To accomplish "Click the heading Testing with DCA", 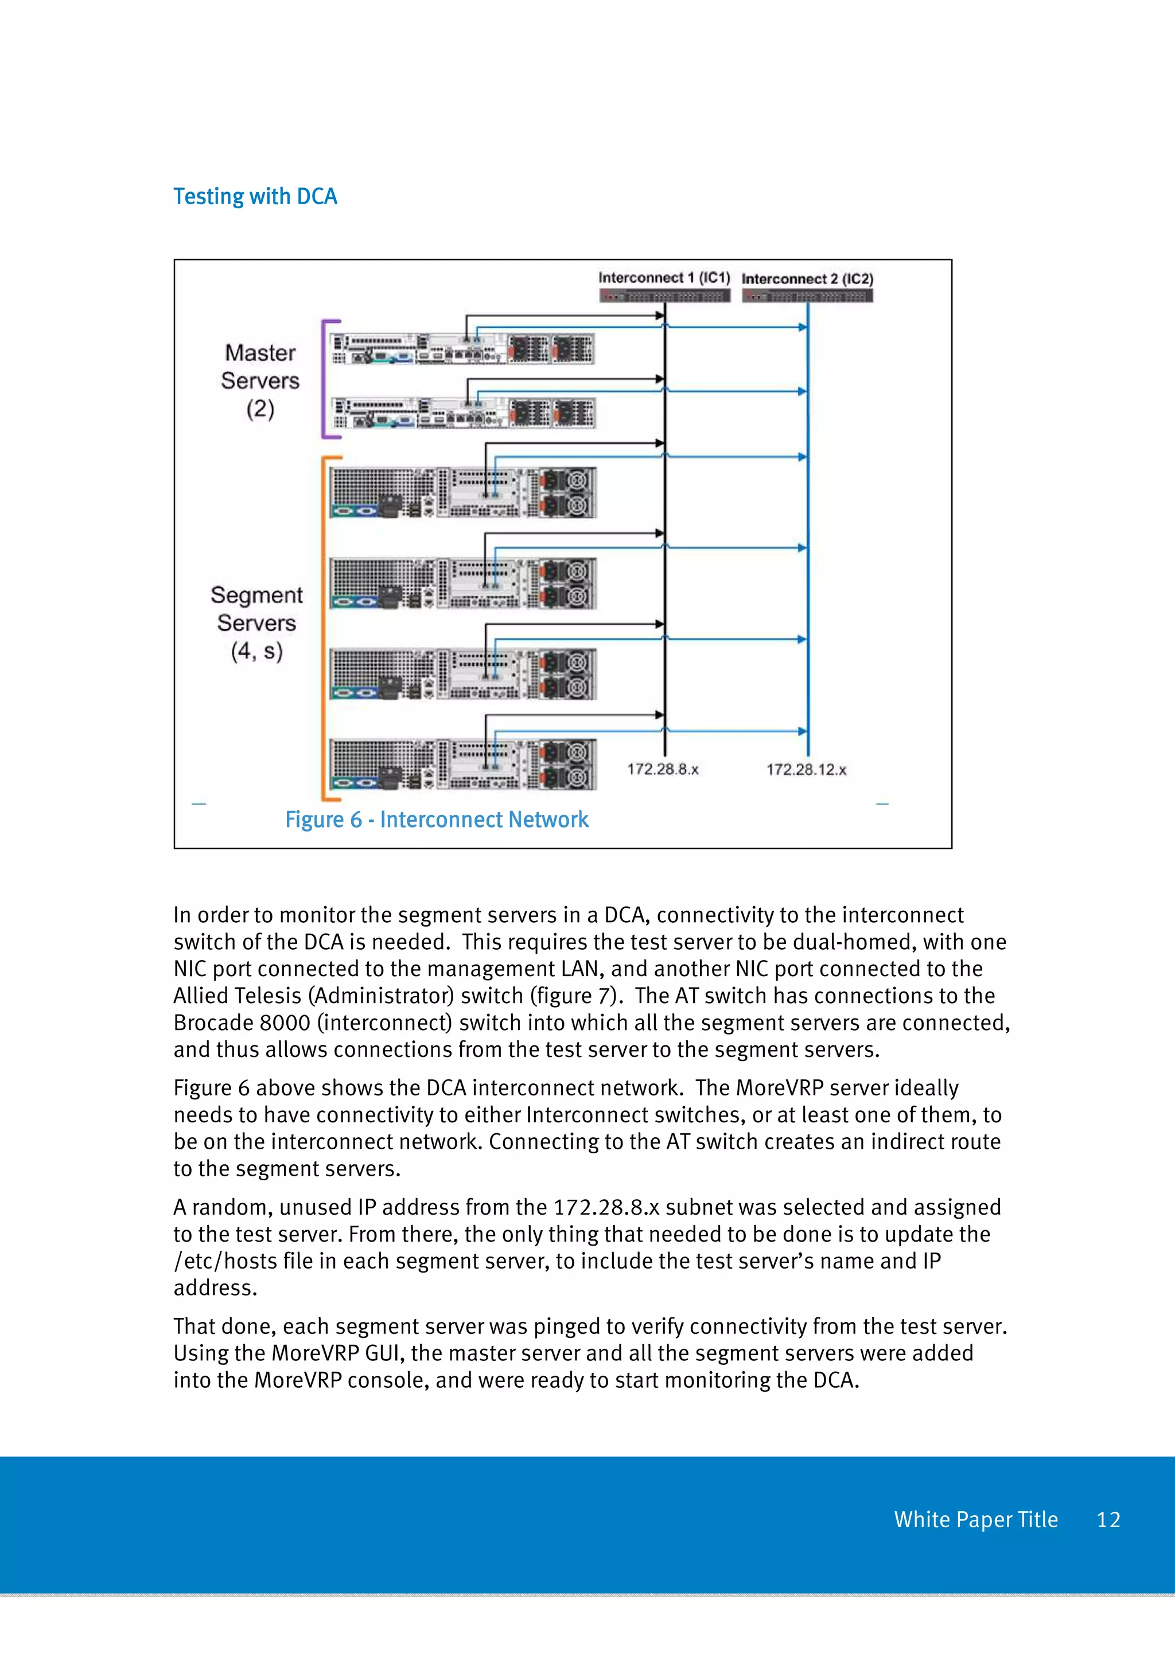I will [255, 196].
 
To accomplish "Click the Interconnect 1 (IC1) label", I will [664, 278].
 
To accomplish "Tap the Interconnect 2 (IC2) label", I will [807, 279].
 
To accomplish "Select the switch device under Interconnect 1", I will [664, 295].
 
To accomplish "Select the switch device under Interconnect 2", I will [807, 295].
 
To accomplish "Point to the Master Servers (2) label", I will [260, 380].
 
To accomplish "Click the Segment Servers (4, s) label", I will [256, 622].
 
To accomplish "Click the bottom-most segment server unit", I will [462, 764].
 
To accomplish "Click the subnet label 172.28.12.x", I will [806, 770].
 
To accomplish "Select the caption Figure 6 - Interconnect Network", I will [437, 820].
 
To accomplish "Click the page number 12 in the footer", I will [1108, 1519].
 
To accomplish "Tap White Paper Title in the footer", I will [975, 1519].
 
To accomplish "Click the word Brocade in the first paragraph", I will [213, 1023].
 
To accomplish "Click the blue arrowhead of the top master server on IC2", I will [802, 327].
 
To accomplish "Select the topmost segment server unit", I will [462, 492].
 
